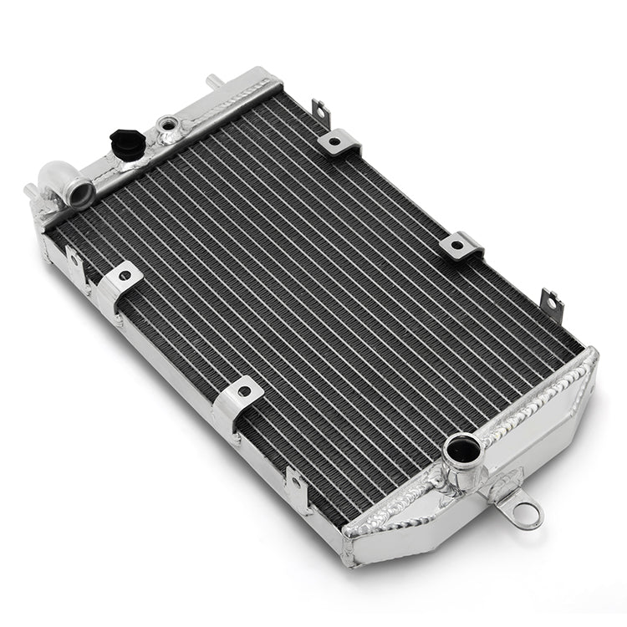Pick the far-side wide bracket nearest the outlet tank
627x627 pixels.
462,245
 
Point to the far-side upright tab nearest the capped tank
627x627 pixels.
320,111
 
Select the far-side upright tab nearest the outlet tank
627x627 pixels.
549,300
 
